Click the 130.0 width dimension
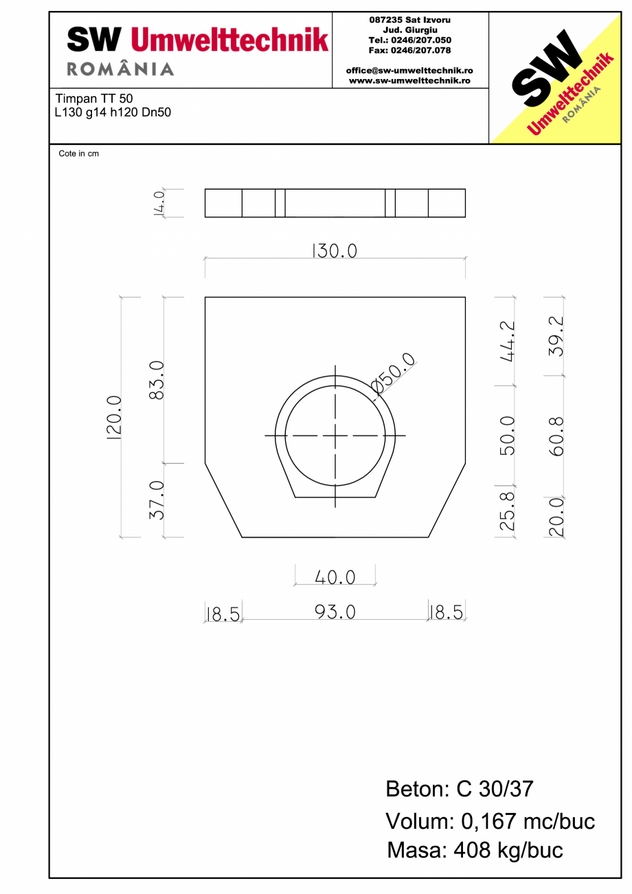[335, 252]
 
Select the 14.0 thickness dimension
[159, 203]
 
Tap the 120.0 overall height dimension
[114, 417]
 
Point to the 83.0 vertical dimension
[156, 380]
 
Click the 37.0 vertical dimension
[156, 500]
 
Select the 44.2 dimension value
[508, 341]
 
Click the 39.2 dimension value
[556, 336]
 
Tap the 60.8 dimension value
[556, 436]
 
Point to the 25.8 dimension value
[508, 512]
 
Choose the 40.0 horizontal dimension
[335, 578]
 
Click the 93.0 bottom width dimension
[335, 612]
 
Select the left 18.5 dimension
[224, 613]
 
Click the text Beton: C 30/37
[459, 789]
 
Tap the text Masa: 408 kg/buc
[475, 850]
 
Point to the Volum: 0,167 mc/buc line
[490, 820]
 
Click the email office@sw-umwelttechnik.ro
[409, 70]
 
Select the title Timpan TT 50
[93, 99]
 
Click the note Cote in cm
[78, 154]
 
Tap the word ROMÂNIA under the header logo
[120, 69]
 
